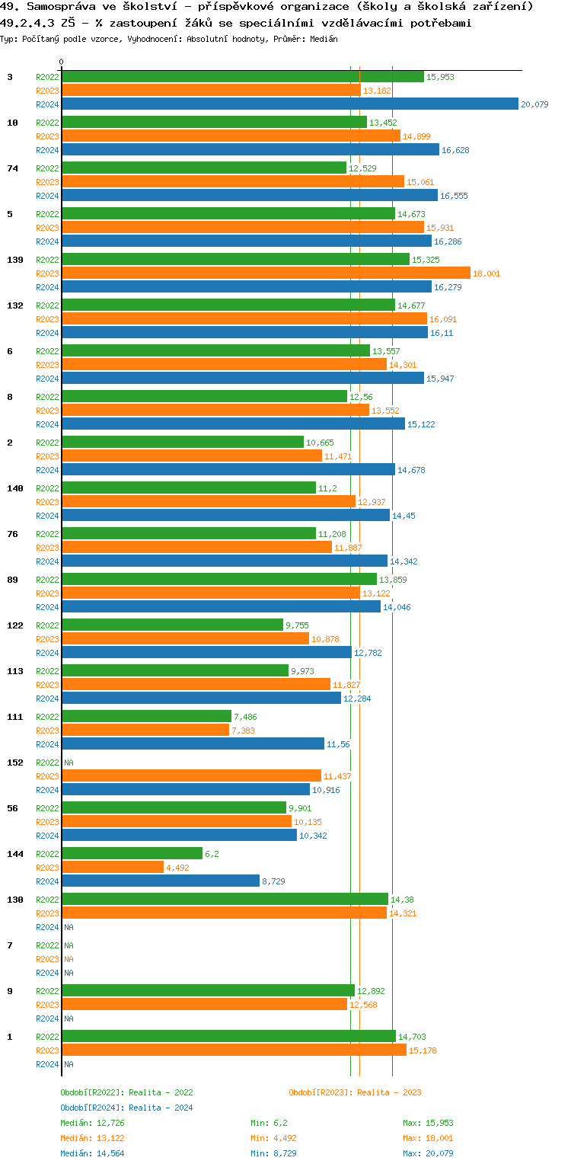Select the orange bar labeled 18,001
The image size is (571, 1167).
coord(266,273)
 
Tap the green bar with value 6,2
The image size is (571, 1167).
coord(132,853)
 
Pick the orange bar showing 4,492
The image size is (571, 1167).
coord(113,867)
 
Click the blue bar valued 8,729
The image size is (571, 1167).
coord(161,881)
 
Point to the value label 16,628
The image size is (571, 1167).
coord(456,150)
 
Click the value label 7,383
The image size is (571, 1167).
coord(244,731)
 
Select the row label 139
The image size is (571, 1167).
coord(14,260)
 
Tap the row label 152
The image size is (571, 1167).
coord(14,763)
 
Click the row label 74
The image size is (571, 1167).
coord(12,168)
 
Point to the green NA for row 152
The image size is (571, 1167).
coord(69,763)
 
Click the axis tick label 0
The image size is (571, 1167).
coord(62,62)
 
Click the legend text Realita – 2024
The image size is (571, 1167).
coord(161,1108)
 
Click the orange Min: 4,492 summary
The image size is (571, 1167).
coord(274,1138)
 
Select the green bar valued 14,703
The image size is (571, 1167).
coord(228,1036)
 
